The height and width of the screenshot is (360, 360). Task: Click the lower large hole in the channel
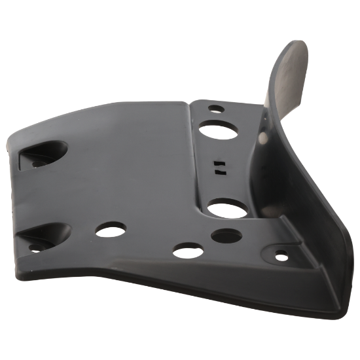click(224, 209)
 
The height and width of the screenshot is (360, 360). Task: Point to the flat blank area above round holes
click(124, 170)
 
